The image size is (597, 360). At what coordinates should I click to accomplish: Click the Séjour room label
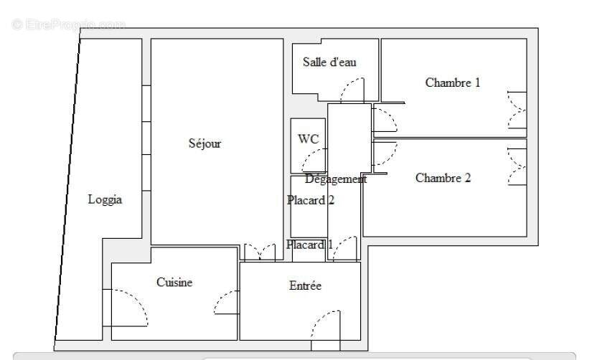click(205, 143)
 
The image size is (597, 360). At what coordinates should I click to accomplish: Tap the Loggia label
click(105, 199)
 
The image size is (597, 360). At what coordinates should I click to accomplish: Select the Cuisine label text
click(174, 283)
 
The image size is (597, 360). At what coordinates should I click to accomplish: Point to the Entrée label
click(305, 286)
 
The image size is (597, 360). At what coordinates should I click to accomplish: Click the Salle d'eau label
click(329, 62)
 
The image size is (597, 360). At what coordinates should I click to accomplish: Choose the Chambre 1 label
click(453, 82)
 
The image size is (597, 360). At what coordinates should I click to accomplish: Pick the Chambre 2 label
click(443, 178)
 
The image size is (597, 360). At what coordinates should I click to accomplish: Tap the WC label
click(309, 139)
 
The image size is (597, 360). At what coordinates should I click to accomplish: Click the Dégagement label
click(335, 179)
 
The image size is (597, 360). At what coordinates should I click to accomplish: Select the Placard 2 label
click(311, 200)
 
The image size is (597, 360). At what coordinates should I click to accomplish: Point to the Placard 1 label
click(310, 245)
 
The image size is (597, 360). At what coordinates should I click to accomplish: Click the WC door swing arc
click(316, 160)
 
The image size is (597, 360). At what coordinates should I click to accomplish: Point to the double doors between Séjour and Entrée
click(259, 252)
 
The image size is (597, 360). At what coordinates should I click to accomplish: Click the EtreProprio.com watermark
click(69, 25)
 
